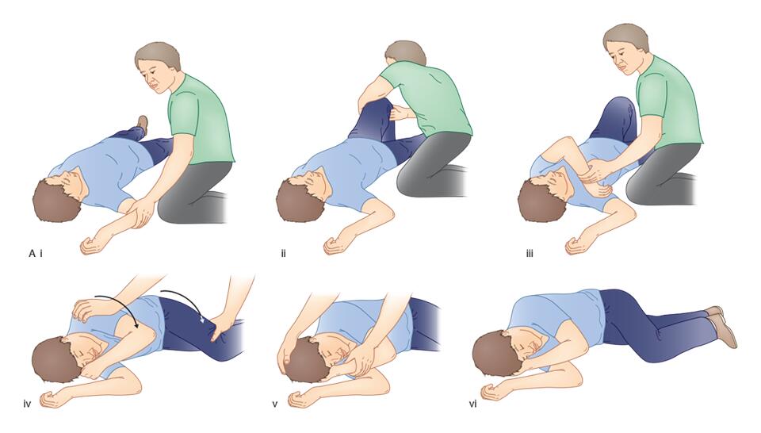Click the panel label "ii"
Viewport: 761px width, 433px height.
pyautogui.click(x=284, y=254)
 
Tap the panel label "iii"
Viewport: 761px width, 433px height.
pyautogui.click(x=530, y=254)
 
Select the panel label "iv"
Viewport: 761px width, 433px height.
pyautogui.click(x=27, y=404)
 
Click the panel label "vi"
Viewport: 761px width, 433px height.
pyautogui.click(x=473, y=404)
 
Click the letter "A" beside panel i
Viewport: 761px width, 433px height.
pyautogui.click(x=32, y=254)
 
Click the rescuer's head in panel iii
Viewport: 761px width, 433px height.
pyautogui.click(x=625, y=48)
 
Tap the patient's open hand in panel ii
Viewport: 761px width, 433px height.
pyautogui.click(x=335, y=246)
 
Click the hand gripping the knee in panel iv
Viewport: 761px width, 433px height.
pyautogui.click(x=224, y=326)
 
